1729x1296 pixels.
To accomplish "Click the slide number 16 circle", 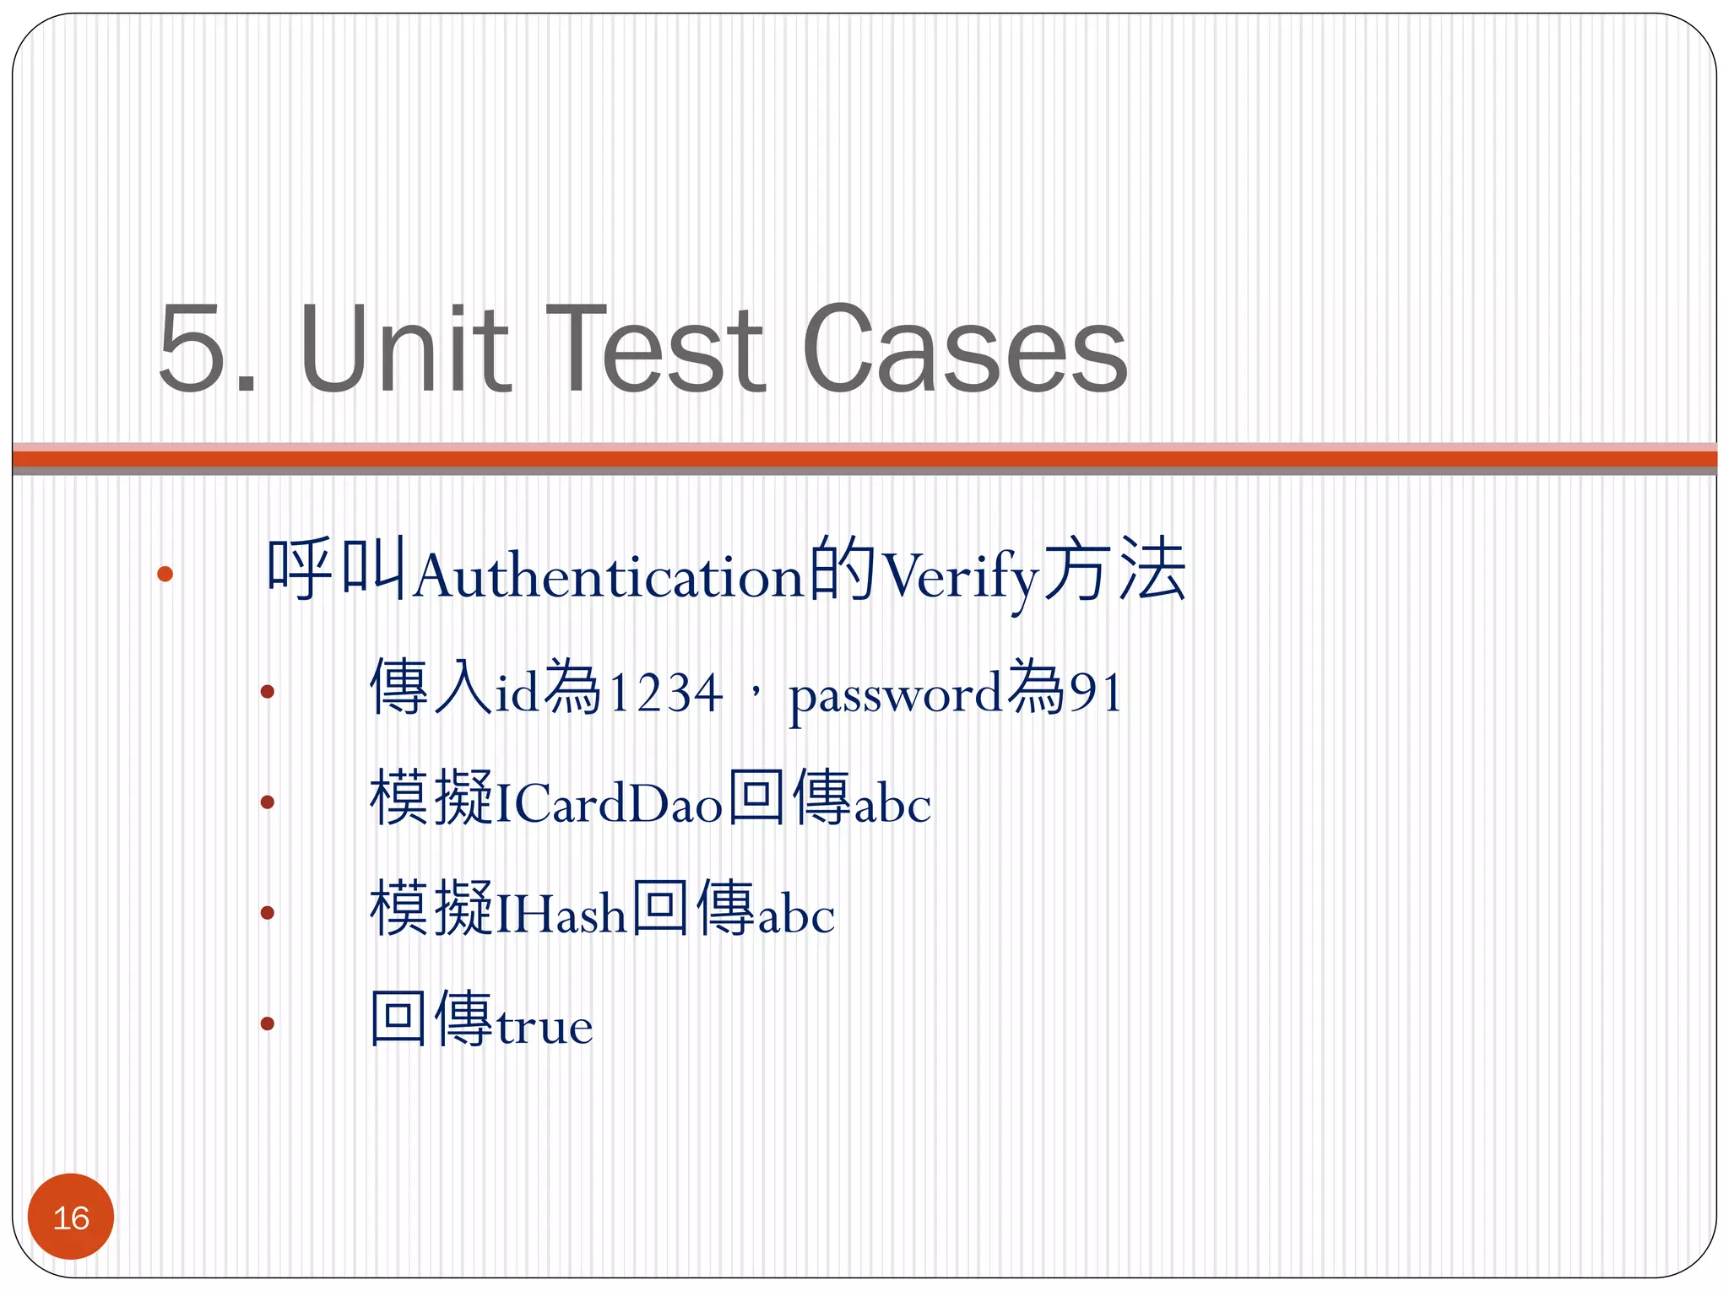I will click(x=71, y=1217).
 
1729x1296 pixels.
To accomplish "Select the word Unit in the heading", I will click(x=404, y=348).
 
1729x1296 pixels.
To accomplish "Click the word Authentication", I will click(x=608, y=577).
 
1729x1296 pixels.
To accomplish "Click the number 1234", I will click(x=665, y=694).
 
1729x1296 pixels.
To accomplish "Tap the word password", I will click(x=895, y=697).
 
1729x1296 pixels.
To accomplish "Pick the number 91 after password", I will click(x=1096, y=694).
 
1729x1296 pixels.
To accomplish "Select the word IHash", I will click(x=561, y=914).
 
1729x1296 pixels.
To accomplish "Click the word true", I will click(x=545, y=1026).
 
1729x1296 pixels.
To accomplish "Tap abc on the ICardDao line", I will click(x=892, y=804).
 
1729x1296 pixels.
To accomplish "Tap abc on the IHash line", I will click(x=796, y=915).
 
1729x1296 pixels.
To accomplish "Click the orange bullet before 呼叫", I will click(x=165, y=575).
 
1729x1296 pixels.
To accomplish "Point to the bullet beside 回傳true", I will click(x=268, y=1024).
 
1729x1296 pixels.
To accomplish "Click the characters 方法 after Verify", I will click(x=1114, y=572).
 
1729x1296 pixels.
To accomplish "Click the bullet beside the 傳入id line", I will click(x=268, y=692).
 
